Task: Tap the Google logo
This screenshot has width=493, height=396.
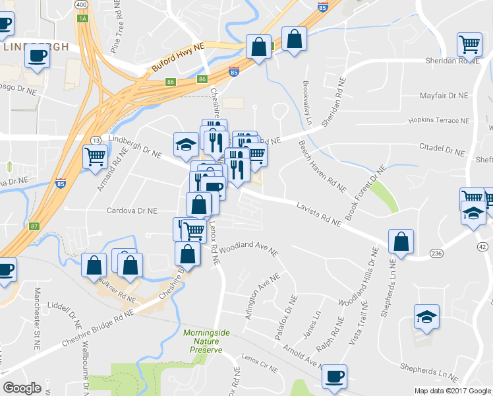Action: pyautogui.click(x=22, y=388)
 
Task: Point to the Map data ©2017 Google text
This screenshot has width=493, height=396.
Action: pyautogui.click(x=453, y=391)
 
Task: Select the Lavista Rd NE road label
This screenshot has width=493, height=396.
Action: pyautogui.click(x=318, y=214)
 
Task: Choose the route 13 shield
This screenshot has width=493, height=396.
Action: pyautogui.click(x=96, y=141)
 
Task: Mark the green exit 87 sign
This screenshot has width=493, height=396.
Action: pyautogui.click(x=35, y=226)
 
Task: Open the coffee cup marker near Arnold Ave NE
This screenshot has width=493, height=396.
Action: pyautogui.click(x=335, y=377)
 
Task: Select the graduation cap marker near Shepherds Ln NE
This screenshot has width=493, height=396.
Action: pyautogui.click(x=426, y=317)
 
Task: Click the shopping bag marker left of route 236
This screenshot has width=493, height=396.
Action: pyautogui.click(x=401, y=242)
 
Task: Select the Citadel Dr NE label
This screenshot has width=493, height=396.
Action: pyautogui.click(x=442, y=150)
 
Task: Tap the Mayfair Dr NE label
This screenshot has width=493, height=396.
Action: pyautogui.click(x=444, y=96)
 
